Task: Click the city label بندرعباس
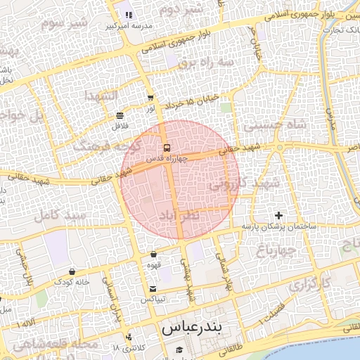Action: [x=191, y=328]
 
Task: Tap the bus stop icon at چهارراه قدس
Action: [x=167, y=148]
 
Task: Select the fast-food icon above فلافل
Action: [x=120, y=115]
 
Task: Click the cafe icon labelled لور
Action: [x=150, y=98]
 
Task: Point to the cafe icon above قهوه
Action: [x=154, y=255]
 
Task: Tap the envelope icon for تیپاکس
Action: [x=153, y=289]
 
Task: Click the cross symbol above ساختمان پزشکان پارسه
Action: [x=279, y=214]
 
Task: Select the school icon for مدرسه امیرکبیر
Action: [x=128, y=15]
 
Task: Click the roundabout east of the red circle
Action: [x=280, y=148]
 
